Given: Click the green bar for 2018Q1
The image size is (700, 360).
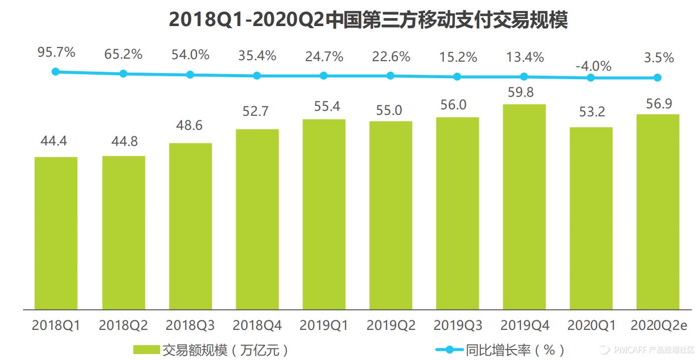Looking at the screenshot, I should (x=56, y=233).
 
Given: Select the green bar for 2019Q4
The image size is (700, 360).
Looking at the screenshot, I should (x=524, y=207).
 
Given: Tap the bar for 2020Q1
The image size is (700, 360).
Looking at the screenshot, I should (x=591, y=218).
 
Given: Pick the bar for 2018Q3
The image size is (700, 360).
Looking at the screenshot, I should (x=190, y=226).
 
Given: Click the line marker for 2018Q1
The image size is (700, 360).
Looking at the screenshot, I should (x=56, y=72).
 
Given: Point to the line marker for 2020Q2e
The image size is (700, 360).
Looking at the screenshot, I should (x=657, y=78).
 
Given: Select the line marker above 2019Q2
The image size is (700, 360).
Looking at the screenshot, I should (x=390, y=76).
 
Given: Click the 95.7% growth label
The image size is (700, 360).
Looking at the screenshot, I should (x=56, y=52).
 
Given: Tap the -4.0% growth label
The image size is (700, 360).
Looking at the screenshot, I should (x=593, y=66).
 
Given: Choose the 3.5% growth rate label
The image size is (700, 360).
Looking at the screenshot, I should (x=658, y=58).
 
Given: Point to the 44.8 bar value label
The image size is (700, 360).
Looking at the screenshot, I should (x=123, y=142).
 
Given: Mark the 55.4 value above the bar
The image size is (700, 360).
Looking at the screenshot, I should (x=324, y=107).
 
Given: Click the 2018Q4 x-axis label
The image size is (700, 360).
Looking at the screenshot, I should (x=257, y=325).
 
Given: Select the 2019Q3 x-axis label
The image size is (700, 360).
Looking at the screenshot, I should (x=457, y=325).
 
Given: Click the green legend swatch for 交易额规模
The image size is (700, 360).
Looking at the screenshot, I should (x=146, y=349).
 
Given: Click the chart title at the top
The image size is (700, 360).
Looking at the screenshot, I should (x=368, y=20).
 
